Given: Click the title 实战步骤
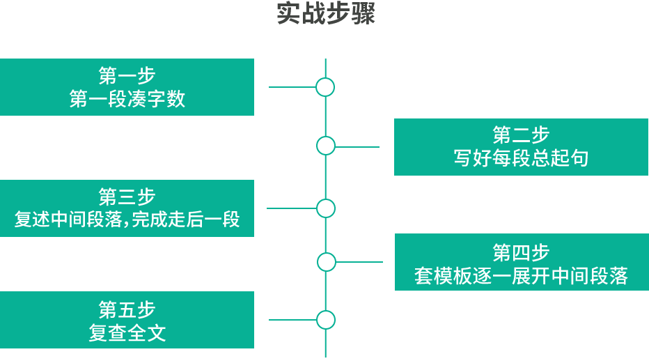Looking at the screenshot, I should click(326, 15).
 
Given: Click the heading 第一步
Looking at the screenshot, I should click(127, 75).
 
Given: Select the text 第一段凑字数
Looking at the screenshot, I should click(127, 99).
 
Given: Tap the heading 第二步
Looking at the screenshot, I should click(521, 135).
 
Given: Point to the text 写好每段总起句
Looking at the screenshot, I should click(521, 158).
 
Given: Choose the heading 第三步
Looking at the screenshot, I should click(127, 196).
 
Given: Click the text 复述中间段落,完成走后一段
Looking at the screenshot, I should click(127, 220).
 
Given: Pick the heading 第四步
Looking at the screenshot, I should click(521, 252).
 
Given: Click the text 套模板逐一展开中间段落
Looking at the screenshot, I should click(521, 276).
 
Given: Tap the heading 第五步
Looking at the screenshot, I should click(127, 309).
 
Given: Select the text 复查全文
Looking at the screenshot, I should click(127, 332).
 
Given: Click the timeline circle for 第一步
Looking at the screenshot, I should click(325, 87).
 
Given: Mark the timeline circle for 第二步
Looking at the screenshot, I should click(326, 146).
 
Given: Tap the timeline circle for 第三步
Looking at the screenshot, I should click(326, 208).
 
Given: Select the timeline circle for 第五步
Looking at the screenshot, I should click(326, 320).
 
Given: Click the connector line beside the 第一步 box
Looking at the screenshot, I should click(292, 87).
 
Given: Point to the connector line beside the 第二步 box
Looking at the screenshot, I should click(357, 146).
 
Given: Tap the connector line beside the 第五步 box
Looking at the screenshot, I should click(292, 320).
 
